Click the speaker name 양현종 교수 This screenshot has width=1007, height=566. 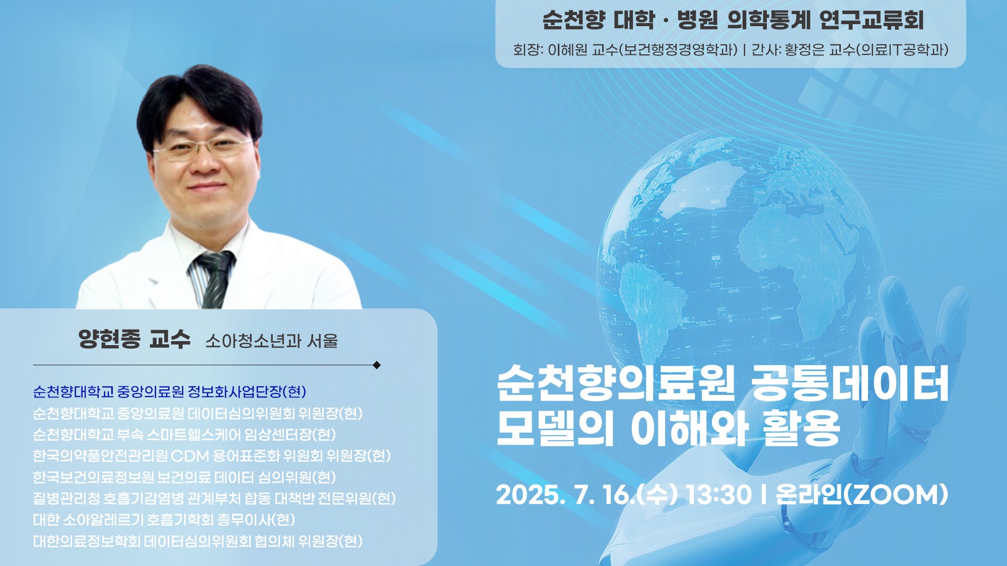click(x=134, y=339)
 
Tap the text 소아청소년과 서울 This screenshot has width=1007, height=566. click(x=272, y=341)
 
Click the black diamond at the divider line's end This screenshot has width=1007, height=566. click(x=377, y=365)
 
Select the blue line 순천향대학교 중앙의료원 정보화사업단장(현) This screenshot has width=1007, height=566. click(x=170, y=392)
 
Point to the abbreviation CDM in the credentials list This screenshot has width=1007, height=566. click(x=190, y=456)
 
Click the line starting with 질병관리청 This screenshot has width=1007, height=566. click(x=214, y=499)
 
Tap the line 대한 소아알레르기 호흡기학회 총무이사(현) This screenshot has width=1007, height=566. click(x=164, y=520)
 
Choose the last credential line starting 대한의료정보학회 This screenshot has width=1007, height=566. click(x=198, y=541)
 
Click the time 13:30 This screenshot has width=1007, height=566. click(x=719, y=495)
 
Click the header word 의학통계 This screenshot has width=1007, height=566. click(x=769, y=20)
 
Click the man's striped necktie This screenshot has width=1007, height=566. click(x=214, y=279)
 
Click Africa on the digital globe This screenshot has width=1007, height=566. click(x=785, y=262)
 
